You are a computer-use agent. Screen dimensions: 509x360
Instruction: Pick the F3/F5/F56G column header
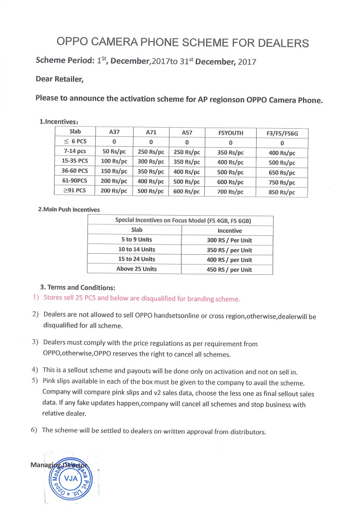click(x=282, y=133)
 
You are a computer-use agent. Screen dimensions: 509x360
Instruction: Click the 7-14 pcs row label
click(x=75, y=152)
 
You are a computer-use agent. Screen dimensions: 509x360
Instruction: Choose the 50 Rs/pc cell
click(x=115, y=152)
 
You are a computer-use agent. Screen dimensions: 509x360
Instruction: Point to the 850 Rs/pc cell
click(x=282, y=192)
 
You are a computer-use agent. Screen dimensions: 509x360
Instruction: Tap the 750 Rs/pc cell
click(x=282, y=183)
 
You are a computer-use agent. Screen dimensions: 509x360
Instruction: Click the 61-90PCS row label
click(x=75, y=181)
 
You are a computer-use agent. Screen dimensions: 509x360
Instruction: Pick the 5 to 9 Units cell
click(x=135, y=240)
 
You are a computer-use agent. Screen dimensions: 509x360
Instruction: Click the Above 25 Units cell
click(x=136, y=269)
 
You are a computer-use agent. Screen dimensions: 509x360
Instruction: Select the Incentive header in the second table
click(x=229, y=231)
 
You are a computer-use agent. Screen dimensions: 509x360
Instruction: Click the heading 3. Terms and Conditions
click(x=77, y=287)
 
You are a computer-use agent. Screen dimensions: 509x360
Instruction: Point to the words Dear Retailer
click(x=59, y=79)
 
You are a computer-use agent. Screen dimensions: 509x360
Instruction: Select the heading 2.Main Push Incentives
click(x=69, y=209)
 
